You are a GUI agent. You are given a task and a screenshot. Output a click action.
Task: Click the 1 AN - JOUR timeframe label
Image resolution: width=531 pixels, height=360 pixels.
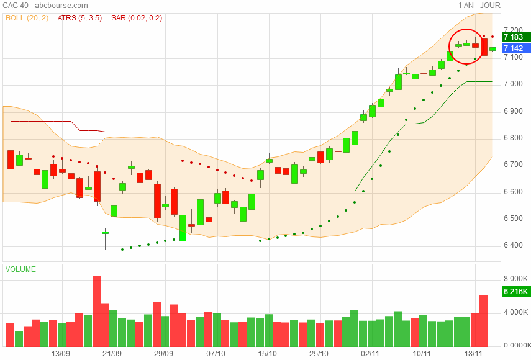[479, 6]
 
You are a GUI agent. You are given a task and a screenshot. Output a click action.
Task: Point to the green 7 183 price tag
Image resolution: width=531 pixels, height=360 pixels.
[514, 37]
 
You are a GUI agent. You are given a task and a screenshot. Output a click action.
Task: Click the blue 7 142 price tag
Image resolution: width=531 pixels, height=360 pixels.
[514, 48]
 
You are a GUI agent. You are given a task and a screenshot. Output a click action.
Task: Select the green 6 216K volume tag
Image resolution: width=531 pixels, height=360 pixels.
[516, 292]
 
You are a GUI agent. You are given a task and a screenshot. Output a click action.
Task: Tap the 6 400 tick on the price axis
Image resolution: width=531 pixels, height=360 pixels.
[513, 245]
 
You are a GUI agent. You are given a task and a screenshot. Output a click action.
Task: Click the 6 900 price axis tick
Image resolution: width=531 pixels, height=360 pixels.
[513, 111]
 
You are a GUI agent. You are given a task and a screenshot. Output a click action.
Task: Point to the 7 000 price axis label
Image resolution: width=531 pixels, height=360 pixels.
[513, 84]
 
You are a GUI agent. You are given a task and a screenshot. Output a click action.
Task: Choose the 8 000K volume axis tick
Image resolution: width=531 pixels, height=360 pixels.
[515, 279]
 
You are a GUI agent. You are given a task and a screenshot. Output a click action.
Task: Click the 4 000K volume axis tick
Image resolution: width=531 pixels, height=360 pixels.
[515, 312]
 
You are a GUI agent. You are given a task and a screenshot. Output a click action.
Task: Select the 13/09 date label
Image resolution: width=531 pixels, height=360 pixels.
[60, 353]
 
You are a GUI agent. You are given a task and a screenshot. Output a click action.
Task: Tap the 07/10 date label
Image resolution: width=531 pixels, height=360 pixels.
[216, 353]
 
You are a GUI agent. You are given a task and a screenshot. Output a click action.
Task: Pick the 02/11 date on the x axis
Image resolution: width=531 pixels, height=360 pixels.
[370, 353]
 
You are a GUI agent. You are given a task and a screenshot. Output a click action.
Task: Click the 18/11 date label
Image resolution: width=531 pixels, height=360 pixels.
[474, 353]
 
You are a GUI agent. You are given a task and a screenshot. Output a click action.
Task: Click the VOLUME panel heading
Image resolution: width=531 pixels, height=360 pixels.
[20, 269]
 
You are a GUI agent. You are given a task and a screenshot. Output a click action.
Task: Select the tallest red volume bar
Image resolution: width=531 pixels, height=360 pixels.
[96, 312]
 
